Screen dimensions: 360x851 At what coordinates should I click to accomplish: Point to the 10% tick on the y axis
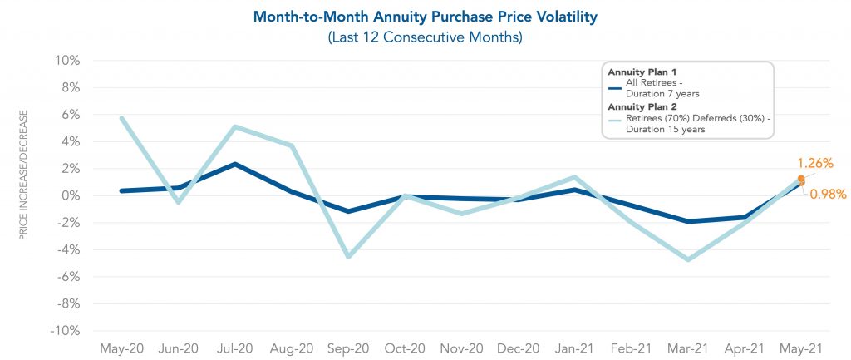tap(68, 61)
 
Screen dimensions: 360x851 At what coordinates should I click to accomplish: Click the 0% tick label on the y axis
tap(71, 195)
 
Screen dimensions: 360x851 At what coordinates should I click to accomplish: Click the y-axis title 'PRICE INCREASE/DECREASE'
tap(24, 174)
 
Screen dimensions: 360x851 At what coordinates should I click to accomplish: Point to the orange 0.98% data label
tap(828, 195)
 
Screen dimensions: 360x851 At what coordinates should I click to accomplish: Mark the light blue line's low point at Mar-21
tap(687, 259)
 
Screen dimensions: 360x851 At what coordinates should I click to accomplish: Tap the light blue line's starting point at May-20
tap(122, 118)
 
